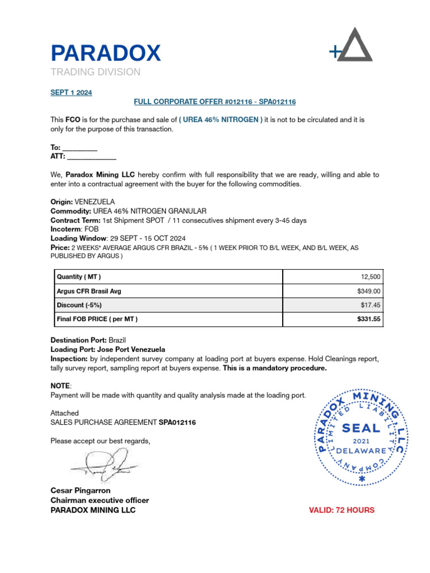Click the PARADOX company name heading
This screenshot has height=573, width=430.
[106, 53]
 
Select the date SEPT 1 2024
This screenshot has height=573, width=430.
[71, 93]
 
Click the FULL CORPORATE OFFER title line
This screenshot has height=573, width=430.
[214, 102]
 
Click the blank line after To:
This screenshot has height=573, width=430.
[83, 148]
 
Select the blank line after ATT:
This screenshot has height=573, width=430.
[92, 157]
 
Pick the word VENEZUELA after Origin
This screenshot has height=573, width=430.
[95, 201]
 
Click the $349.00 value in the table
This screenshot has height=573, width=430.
[368, 291]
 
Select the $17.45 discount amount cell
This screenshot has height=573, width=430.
[370, 305]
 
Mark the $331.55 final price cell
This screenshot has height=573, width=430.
[368, 319]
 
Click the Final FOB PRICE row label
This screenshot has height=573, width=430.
[97, 319]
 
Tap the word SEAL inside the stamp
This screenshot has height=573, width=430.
[361, 429]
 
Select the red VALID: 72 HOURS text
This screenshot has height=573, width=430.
[342, 510]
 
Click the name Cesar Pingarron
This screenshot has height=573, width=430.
[82, 491]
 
